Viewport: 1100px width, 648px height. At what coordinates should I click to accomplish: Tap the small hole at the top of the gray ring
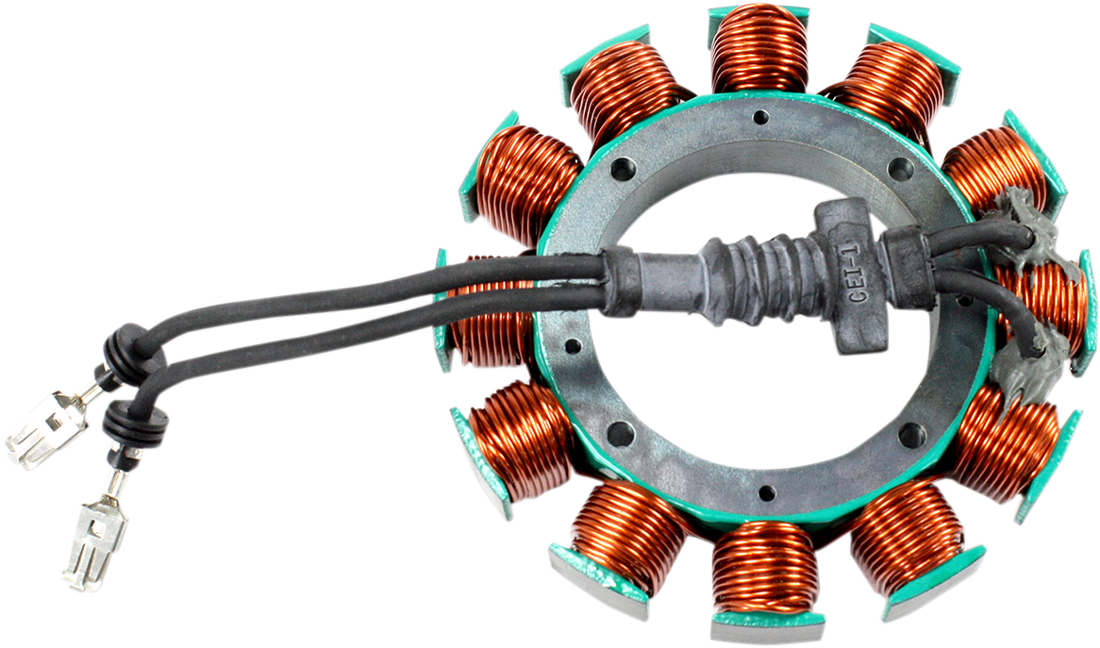(x=760, y=120)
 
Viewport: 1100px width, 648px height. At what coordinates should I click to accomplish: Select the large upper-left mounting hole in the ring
(x=623, y=172)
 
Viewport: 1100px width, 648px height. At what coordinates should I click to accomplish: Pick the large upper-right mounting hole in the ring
(x=901, y=171)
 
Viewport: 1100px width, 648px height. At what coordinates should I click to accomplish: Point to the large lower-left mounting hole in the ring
(x=620, y=435)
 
